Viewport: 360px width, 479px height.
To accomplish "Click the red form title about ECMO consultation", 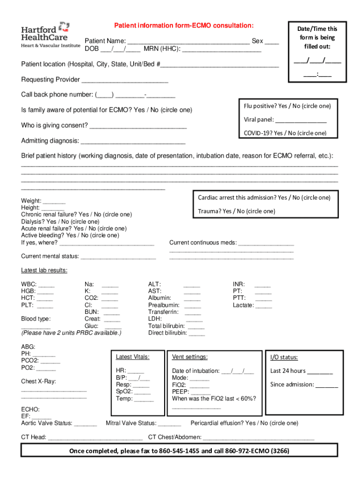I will click(x=184, y=25).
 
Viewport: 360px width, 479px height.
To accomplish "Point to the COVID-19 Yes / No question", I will click(x=285, y=133).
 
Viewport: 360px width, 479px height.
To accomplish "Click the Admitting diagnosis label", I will click(x=50, y=141).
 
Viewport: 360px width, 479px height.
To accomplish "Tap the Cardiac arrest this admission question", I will click(x=264, y=198).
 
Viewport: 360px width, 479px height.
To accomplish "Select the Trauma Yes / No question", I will click(x=237, y=211).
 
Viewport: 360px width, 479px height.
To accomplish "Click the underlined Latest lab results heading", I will click(x=44, y=270).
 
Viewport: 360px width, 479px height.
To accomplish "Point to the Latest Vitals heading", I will click(x=132, y=357).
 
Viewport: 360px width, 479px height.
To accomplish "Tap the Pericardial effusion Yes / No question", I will click(x=244, y=423).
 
